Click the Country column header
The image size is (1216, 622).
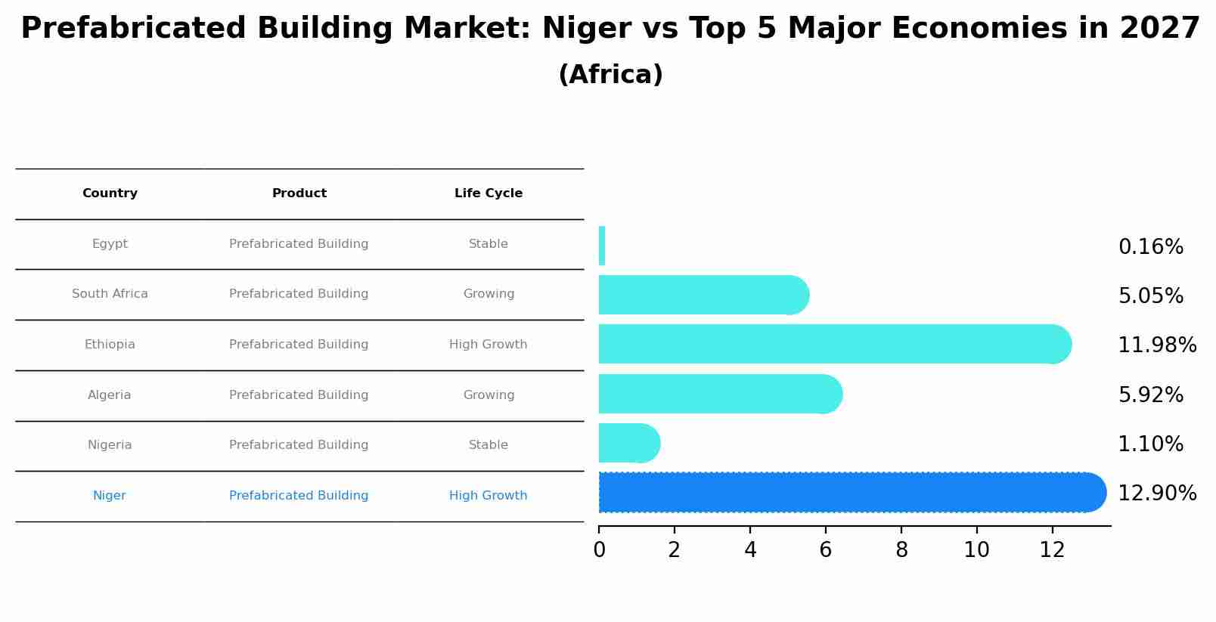click(110, 193)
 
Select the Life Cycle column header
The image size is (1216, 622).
click(488, 193)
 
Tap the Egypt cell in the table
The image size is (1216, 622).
click(110, 244)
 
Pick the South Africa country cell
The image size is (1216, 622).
click(110, 294)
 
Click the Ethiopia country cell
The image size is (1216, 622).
click(110, 345)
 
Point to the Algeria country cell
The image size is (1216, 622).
click(110, 395)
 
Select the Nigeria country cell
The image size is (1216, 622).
click(110, 445)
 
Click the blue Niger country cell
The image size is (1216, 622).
click(110, 496)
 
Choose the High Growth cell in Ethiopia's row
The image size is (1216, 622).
click(488, 345)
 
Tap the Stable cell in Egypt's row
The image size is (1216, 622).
click(488, 244)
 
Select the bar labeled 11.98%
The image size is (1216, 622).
click(832, 344)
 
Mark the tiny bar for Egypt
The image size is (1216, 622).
click(602, 246)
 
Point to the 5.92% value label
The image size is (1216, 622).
click(1150, 395)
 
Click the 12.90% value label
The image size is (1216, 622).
click(1156, 494)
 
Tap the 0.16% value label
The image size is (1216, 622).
click(1150, 247)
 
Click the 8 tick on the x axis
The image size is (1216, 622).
click(901, 550)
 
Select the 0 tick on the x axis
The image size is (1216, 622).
click(599, 550)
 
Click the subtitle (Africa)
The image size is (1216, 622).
click(610, 75)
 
